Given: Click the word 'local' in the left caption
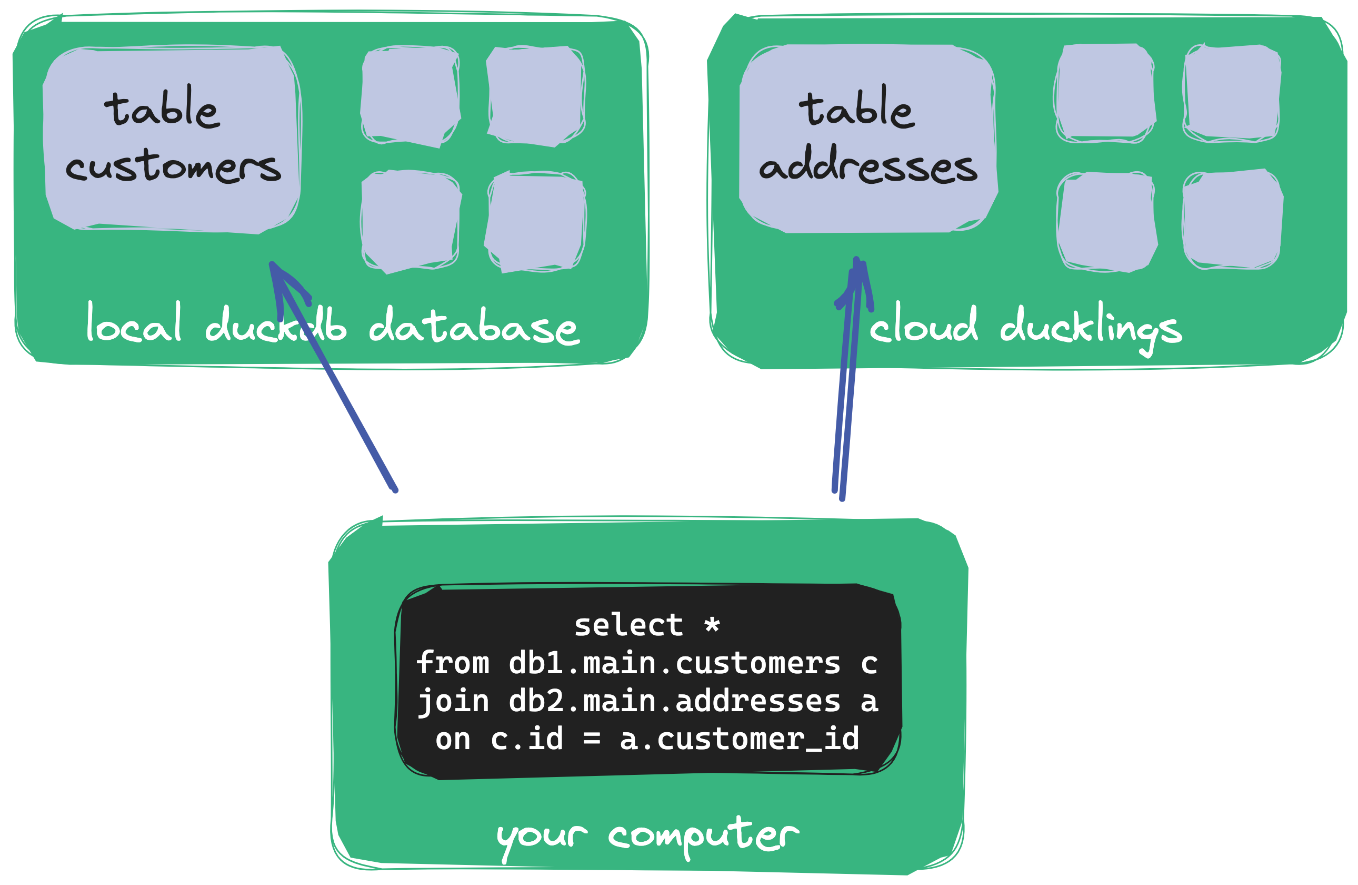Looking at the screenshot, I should pyautogui.click(x=134, y=324).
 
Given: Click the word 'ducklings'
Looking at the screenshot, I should pyautogui.click(x=1091, y=328).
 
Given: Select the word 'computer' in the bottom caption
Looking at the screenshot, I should pyautogui.click(x=704, y=837).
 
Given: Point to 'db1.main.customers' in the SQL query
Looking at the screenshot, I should pyautogui.click(x=674, y=663).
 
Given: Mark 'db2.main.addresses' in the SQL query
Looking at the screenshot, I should pyautogui.click(x=674, y=701).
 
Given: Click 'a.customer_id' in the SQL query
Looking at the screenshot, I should pyautogui.click(x=740, y=740).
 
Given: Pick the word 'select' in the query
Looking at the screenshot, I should pyautogui.click(x=628, y=625).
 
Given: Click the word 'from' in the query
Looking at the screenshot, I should pyautogui.click(x=453, y=663).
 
